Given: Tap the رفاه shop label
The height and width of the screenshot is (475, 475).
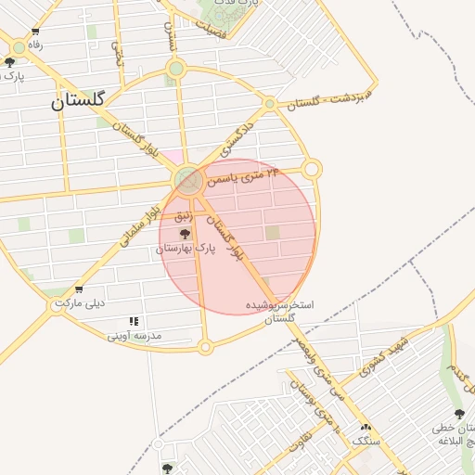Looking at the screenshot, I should point(35,45).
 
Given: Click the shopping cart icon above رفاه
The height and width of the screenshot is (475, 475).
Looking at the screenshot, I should point(35,31).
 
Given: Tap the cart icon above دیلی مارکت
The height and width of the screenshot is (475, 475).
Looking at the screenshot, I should point(79,289).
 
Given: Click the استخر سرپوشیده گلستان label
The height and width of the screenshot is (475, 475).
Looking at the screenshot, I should point(279,311).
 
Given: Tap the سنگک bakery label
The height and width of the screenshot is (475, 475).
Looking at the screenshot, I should point(366,441).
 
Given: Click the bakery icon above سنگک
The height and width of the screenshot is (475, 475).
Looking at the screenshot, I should point(365,427).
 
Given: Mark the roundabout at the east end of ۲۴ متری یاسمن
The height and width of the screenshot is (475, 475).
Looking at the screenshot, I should point(312,169).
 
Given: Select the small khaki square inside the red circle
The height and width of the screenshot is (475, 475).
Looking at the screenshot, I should point(272,233).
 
